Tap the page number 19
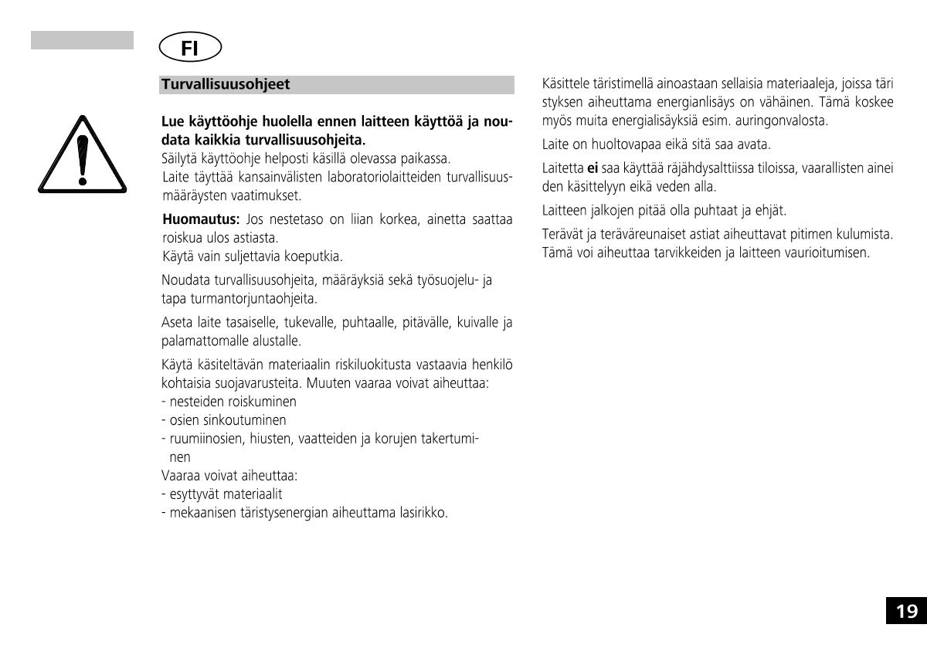(906, 611)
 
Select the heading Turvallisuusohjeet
(226, 84)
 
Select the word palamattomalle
(199, 340)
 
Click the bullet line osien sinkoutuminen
(223, 420)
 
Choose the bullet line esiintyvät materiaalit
(221, 494)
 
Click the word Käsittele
(566, 84)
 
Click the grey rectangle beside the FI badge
(82, 40)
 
